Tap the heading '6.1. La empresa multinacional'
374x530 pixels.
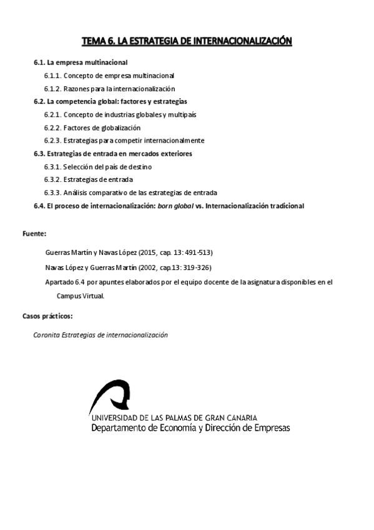81,63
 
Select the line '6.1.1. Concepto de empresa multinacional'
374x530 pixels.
109,76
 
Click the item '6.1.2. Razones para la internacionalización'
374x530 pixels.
109,89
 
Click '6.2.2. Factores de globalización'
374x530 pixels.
92,127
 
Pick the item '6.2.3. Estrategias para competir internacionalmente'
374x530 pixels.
124,141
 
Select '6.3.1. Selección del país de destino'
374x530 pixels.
98,167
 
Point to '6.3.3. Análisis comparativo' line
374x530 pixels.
130,192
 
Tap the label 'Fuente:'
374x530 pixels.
34,233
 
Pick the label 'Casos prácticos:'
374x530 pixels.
47,316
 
